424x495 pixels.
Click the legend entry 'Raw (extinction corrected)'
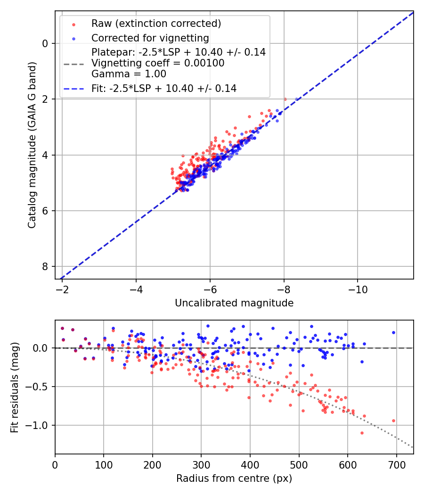click(156, 24)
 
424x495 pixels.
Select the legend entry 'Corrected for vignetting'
click(150, 38)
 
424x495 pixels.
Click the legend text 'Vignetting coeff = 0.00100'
click(158, 63)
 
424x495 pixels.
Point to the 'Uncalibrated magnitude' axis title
click(234, 303)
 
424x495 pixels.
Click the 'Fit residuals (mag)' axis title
click(15, 387)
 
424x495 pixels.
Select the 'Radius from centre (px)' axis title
click(234, 478)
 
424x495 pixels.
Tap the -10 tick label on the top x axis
click(358, 288)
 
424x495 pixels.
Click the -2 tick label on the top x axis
click(62, 288)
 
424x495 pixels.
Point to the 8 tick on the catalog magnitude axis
click(46, 267)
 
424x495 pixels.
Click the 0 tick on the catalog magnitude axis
click(46, 43)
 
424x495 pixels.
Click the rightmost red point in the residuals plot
click(393, 421)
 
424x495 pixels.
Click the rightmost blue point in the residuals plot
click(393, 332)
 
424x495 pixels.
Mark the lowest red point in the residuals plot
click(362, 433)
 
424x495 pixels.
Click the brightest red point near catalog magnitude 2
click(285, 99)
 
